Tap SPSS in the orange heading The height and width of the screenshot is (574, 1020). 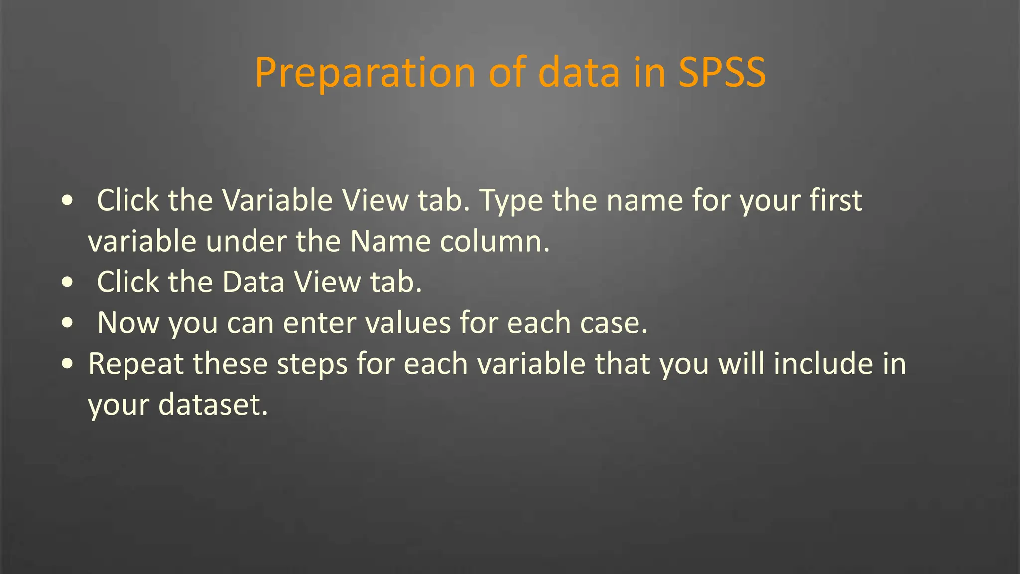click(x=722, y=73)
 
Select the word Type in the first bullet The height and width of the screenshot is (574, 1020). click(x=510, y=201)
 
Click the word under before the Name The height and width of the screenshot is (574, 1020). click(x=246, y=242)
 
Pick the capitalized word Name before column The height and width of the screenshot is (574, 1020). click(x=390, y=242)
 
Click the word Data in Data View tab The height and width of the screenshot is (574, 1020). click(x=253, y=282)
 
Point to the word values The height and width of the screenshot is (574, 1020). click(x=408, y=323)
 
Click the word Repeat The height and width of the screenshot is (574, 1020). click(x=135, y=364)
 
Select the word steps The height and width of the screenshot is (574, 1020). click(x=312, y=364)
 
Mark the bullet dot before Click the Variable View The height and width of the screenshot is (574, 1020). click(x=67, y=201)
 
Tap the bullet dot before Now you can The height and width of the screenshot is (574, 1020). click(x=67, y=323)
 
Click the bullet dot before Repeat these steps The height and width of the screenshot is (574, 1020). click(x=67, y=364)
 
